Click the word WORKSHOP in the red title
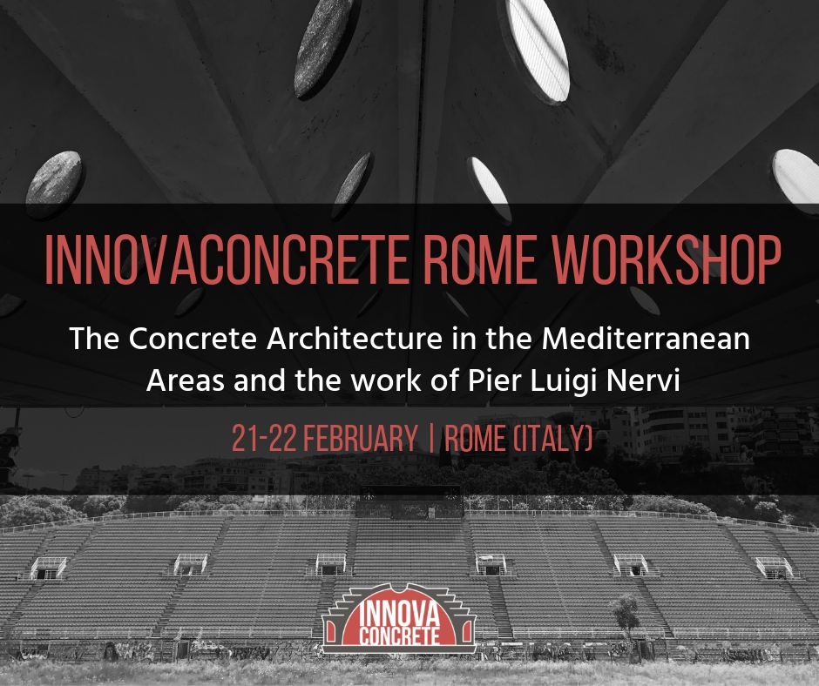coord(667,260)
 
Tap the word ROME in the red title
coord(479,260)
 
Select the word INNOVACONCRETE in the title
coord(226,260)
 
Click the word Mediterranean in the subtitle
coord(646,339)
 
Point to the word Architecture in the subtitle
coord(355,340)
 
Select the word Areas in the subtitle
coord(186,380)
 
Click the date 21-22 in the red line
coord(264,438)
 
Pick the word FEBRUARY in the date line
coord(361,438)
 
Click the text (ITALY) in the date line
coord(553,438)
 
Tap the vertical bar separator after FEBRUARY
coord(431,438)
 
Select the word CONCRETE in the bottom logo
coord(399,636)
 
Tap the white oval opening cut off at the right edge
coord(797,180)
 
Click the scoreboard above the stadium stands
coord(409,501)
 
